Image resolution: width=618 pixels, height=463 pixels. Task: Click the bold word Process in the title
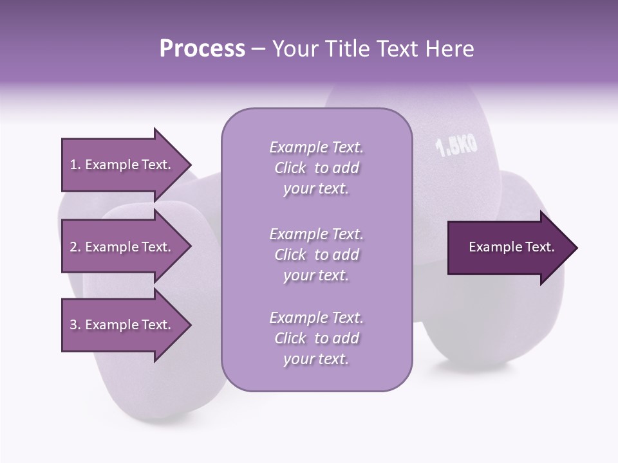pyautogui.click(x=202, y=49)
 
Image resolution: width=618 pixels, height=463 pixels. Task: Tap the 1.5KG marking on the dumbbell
pyautogui.click(x=457, y=146)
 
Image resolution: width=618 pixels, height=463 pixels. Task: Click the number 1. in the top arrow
pyautogui.click(x=75, y=165)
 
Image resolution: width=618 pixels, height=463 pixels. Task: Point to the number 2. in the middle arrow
pyautogui.click(x=75, y=247)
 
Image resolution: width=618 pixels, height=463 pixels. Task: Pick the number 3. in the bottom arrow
pyautogui.click(x=75, y=325)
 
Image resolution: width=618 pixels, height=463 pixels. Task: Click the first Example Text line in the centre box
pyautogui.click(x=316, y=147)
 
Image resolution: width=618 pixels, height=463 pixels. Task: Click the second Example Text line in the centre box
pyautogui.click(x=316, y=234)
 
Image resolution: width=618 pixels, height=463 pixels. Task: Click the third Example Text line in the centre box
pyautogui.click(x=316, y=318)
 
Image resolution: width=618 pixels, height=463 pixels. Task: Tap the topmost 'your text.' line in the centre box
pyautogui.click(x=316, y=189)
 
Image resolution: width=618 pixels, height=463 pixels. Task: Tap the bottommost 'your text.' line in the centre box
pyautogui.click(x=316, y=359)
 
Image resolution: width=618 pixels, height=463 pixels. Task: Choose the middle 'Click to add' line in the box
pyautogui.click(x=316, y=255)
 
